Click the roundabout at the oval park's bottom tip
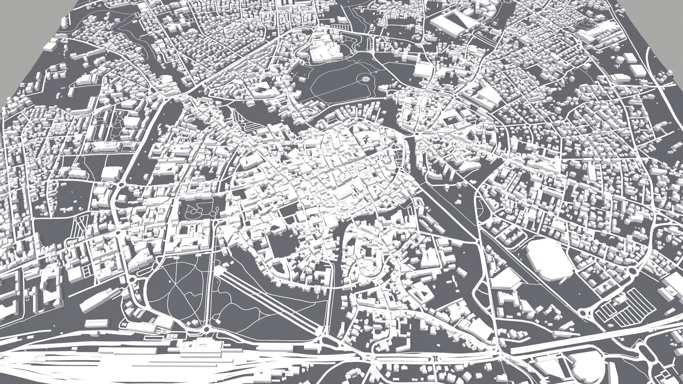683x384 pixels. (x=206, y=330)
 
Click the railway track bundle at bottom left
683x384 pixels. (x=71, y=363)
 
